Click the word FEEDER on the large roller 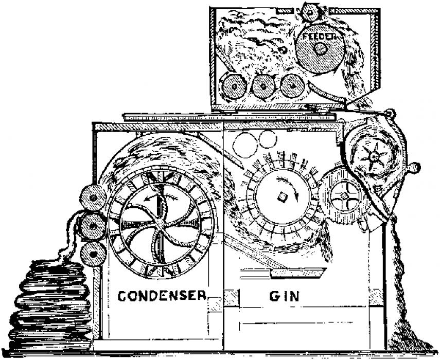tap(319, 37)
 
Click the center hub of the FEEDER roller tap(320, 49)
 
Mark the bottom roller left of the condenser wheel tap(93, 253)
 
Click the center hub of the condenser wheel tap(161, 222)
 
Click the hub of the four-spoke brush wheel tap(340, 196)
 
